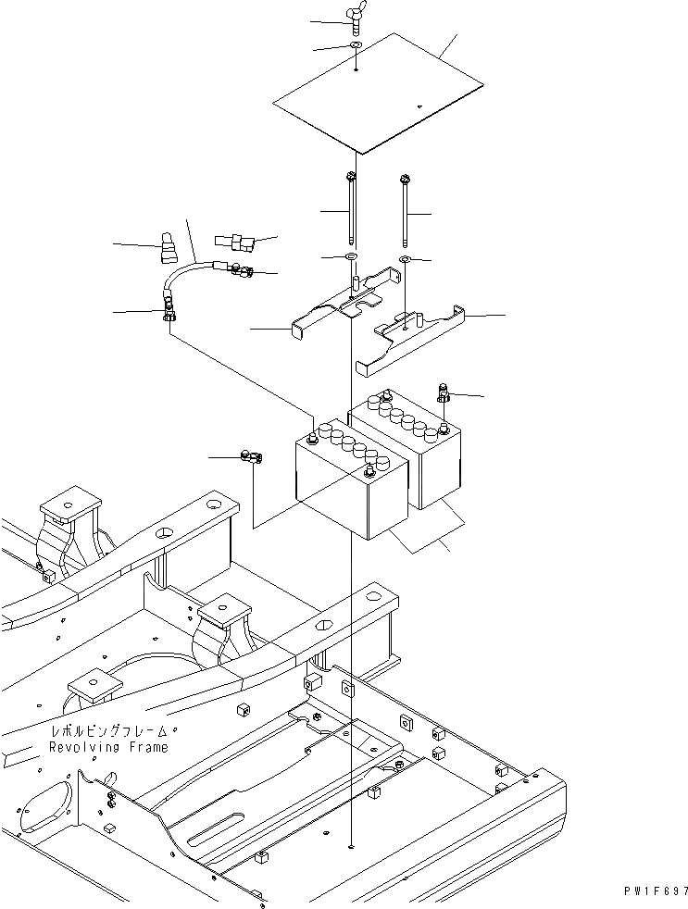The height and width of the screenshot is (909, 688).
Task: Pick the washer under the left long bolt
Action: click(x=353, y=255)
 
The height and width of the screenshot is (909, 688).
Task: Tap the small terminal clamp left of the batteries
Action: click(x=251, y=456)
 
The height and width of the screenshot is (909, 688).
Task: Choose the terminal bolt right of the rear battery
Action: click(x=443, y=393)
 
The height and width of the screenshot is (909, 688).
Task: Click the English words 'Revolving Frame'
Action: click(x=109, y=747)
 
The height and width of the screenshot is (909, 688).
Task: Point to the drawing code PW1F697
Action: click(x=653, y=891)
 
